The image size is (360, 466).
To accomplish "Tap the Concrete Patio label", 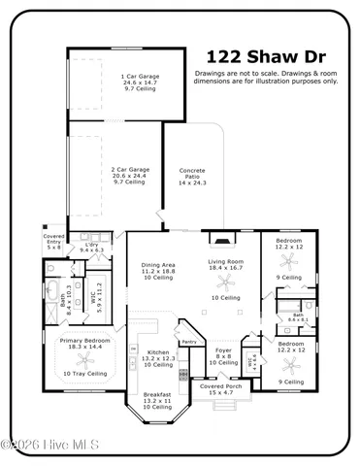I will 192,176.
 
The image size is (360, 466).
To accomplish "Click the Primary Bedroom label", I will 83,344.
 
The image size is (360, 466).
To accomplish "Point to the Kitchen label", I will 159,357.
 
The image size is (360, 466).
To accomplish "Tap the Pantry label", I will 188,341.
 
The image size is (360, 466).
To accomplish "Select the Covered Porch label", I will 222,389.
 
